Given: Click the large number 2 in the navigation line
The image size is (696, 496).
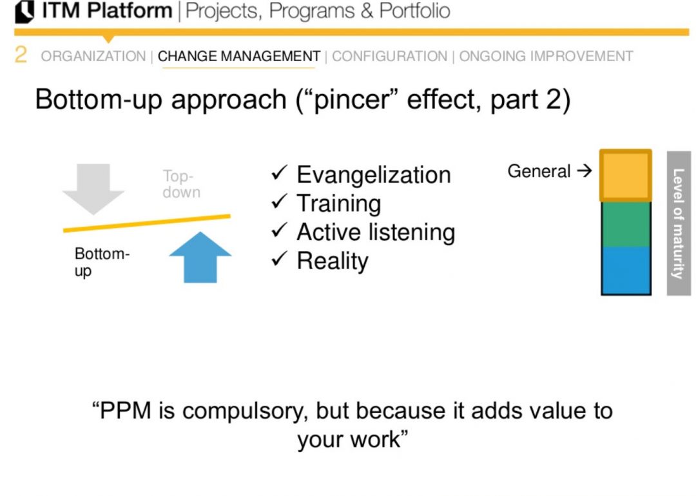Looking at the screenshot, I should click(x=21, y=55).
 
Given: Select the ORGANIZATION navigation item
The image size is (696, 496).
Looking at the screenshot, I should click(x=93, y=57).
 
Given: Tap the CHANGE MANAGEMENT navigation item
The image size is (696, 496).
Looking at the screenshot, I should click(x=238, y=57).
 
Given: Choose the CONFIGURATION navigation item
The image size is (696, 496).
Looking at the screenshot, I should click(x=389, y=57).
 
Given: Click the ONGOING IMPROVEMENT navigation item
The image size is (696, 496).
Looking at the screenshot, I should click(x=546, y=57).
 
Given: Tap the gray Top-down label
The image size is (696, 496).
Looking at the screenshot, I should click(x=181, y=184).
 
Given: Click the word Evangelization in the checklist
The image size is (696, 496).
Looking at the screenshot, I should click(x=373, y=175).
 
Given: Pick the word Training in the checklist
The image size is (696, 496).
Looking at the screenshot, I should click(x=338, y=204).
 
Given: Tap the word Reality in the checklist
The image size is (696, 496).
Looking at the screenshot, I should click(x=332, y=261).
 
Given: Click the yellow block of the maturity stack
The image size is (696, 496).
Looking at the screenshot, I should click(x=625, y=176).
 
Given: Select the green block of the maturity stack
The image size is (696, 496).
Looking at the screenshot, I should click(x=625, y=224).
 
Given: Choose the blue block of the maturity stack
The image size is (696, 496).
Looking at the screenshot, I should click(x=625, y=271).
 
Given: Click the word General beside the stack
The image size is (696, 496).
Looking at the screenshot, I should click(x=539, y=171).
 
